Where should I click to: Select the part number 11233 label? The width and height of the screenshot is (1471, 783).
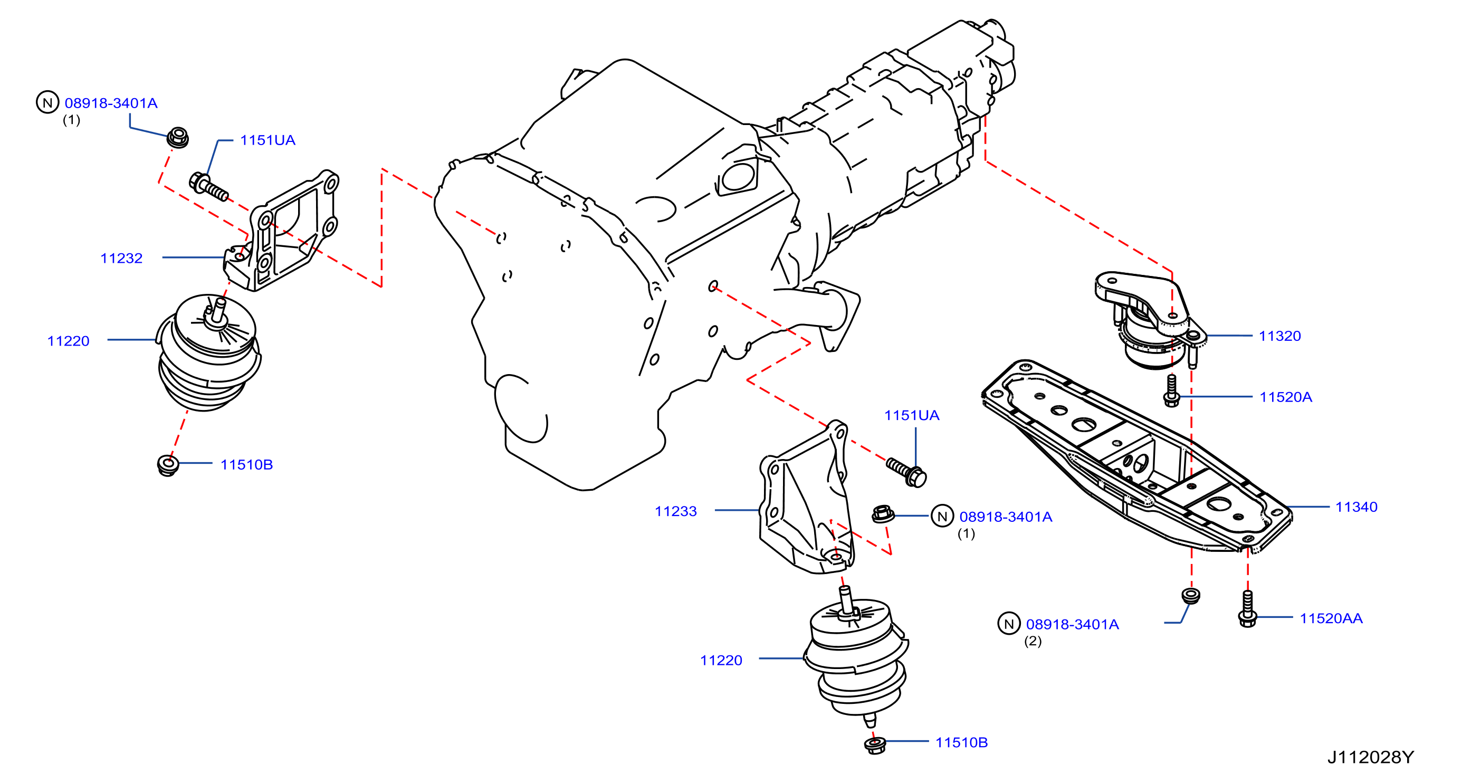[x=675, y=511]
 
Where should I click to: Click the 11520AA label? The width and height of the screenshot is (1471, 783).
[x=1331, y=618]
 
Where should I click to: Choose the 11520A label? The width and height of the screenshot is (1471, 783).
[x=1286, y=397]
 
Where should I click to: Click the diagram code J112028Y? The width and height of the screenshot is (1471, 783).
[x=1371, y=757]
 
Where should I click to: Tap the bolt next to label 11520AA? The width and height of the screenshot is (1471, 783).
[x=1248, y=609]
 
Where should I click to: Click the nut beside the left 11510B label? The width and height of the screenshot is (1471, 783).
[x=168, y=465]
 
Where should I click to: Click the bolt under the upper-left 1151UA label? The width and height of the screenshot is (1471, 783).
[x=208, y=187]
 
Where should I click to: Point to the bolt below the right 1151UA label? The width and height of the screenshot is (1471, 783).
[x=906, y=472]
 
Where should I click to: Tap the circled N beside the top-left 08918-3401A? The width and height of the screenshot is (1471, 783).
[x=47, y=102]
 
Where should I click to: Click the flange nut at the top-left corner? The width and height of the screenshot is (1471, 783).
[x=178, y=138]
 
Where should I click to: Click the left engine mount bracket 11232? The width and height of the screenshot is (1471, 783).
[x=281, y=231]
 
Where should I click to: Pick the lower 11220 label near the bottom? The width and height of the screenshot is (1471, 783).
[x=721, y=660]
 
